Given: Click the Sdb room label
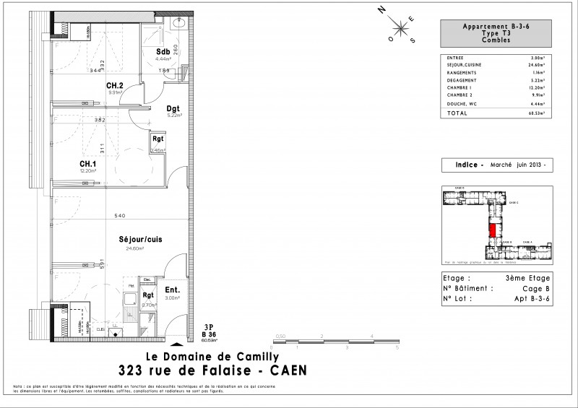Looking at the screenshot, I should [163, 52].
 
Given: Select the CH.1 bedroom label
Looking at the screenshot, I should [89, 163].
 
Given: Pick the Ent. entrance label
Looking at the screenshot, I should [172, 291].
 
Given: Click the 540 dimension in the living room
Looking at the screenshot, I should [121, 217].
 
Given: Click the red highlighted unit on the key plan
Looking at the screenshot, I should [493, 231].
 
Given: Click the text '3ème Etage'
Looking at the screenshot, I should [528, 278].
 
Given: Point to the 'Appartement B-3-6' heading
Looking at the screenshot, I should [495, 26].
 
